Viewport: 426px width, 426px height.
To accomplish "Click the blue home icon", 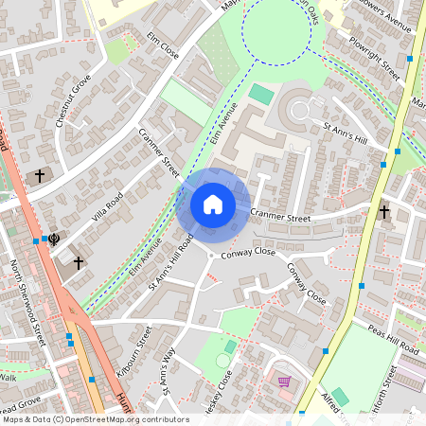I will (x=213, y=204).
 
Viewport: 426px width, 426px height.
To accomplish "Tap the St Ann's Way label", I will (x=169, y=370).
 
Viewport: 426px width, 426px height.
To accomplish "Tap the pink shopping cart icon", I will (x=284, y=382).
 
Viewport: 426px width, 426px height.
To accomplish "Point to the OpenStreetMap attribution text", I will (x=96, y=418).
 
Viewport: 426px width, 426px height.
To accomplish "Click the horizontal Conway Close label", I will (x=247, y=254).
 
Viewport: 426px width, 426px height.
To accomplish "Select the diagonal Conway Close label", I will (x=307, y=284).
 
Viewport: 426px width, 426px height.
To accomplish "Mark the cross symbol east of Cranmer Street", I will (x=384, y=212).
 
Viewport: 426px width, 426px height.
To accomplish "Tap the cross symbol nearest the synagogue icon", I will (x=79, y=262).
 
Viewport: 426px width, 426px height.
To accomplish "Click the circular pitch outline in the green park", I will (x=222, y=360).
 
